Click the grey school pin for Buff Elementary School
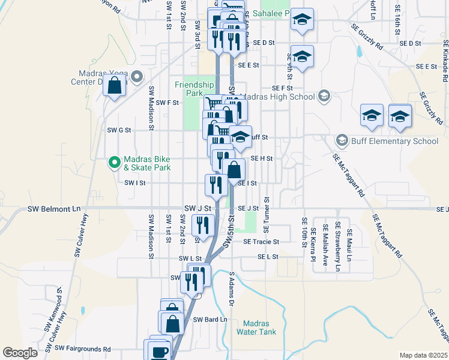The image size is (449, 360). [x=342, y=141]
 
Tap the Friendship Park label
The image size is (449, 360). [x=194, y=89]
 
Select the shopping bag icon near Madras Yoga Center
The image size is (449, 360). [x=115, y=85]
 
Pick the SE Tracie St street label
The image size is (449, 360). [x=261, y=242]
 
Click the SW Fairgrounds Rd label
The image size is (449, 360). [x=83, y=348]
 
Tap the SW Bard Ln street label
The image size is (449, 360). [x=210, y=319]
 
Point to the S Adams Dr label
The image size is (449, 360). [x=231, y=290]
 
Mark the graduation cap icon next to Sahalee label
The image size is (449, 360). [x=302, y=20]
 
